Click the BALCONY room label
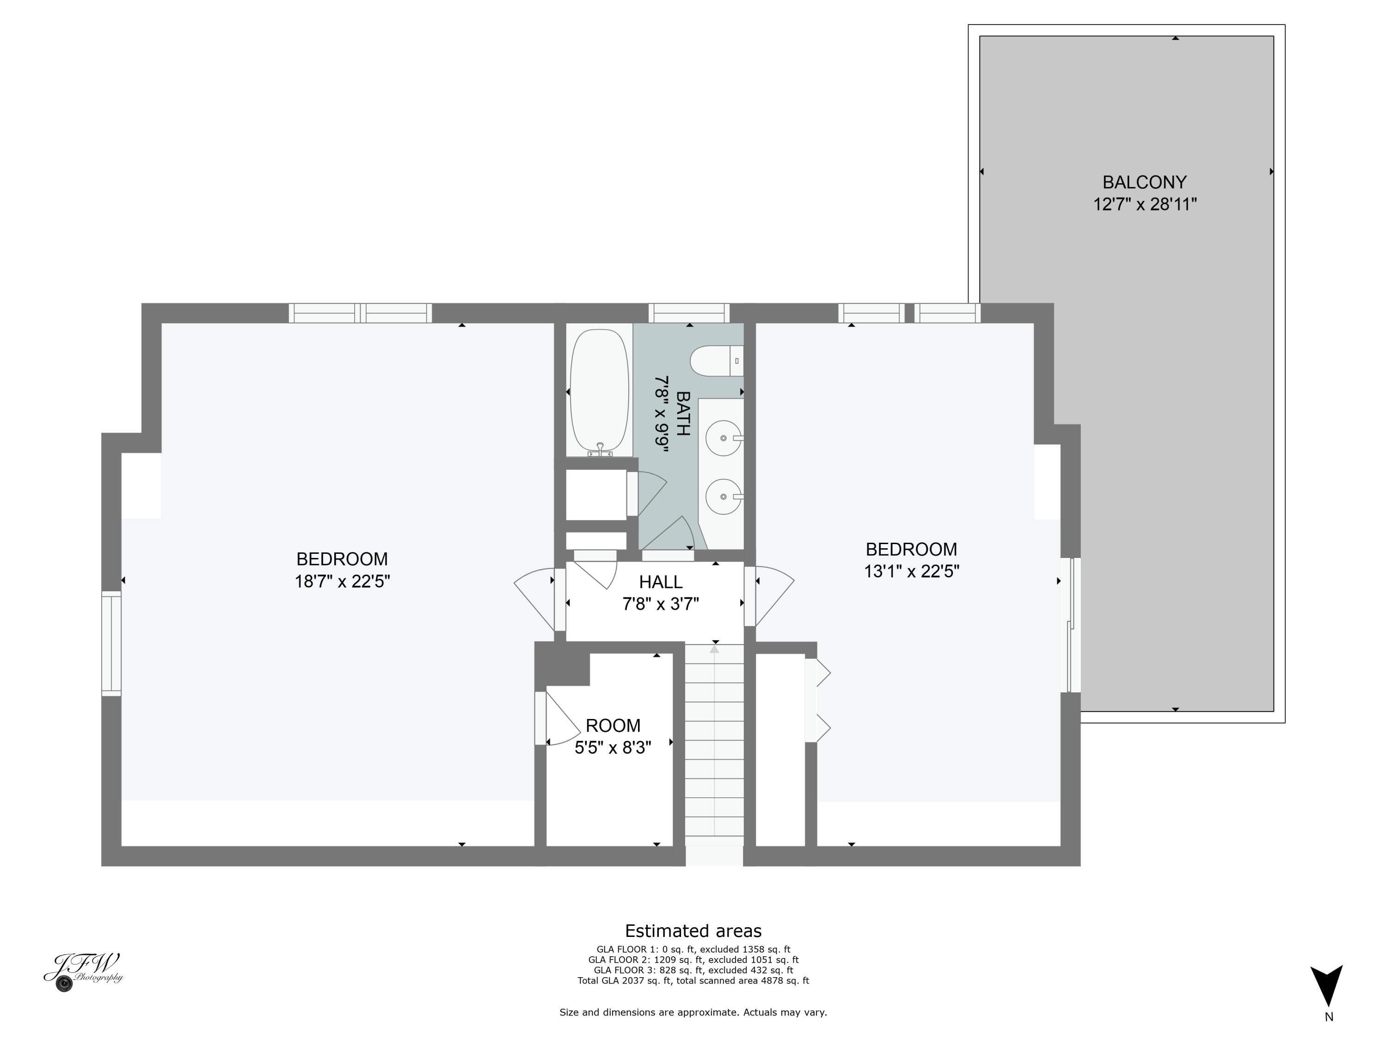1144,182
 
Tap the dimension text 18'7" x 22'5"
343,581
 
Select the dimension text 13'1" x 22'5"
911,571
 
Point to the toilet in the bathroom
715,361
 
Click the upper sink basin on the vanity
724,438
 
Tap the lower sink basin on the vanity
724,497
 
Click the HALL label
660,582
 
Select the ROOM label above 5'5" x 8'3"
613,725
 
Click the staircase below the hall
714,747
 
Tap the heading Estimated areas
693,930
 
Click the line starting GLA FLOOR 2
693,960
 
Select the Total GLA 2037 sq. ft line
693,980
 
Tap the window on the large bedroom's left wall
111,643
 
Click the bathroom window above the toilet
688,312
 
